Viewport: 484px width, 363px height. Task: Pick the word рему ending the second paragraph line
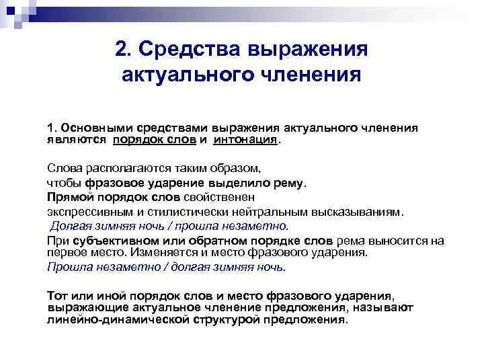pyautogui.click(x=288, y=182)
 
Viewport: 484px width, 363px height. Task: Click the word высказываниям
pyautogui.click(x=354, y=212)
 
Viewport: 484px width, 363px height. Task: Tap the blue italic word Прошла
pyautogui.click(x=66, y=266)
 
